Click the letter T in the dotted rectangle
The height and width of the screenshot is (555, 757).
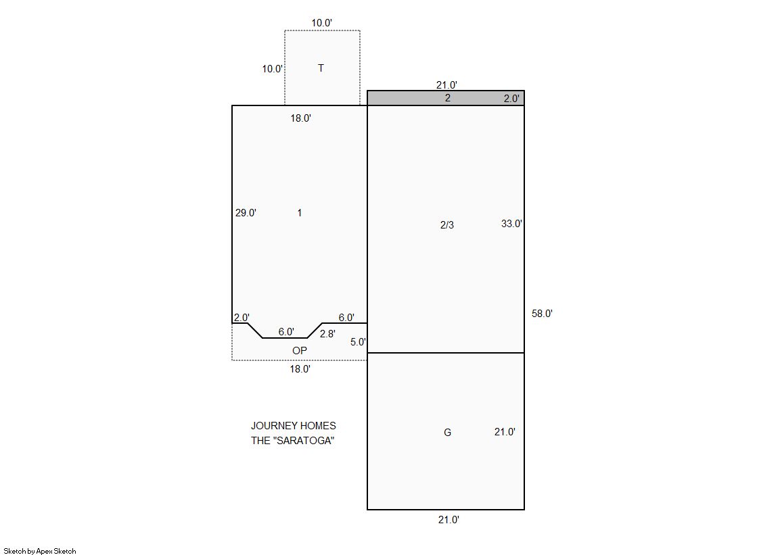point(321,68)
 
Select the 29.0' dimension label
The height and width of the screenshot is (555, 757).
point(246,213)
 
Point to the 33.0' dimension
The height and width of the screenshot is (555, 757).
point(511,224)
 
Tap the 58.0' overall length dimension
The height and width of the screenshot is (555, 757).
point(542,314)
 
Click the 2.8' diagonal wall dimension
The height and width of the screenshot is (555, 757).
point(327,334)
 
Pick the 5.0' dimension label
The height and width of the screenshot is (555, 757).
point(359,342)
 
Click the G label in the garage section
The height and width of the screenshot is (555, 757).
point(448,433)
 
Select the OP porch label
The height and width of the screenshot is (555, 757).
point(300,351)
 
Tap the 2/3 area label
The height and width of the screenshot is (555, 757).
point(447,225)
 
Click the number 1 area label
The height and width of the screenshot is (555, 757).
point(300,213)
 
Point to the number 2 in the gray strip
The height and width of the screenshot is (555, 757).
point(448,98)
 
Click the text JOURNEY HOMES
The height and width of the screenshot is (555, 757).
point(294,426)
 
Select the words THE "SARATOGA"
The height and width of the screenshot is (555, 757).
point(292,441)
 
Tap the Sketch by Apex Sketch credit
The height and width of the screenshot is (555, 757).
point(40,551)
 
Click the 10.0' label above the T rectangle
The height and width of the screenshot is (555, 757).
point(321,23)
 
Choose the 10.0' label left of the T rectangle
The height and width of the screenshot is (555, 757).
point(273,69)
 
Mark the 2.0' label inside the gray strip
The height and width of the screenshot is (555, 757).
point(511,99)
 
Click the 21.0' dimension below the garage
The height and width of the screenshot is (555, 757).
point(449,520)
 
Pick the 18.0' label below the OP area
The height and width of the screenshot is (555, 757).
point(300,369)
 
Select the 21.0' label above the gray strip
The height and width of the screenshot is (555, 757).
point(446,85)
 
